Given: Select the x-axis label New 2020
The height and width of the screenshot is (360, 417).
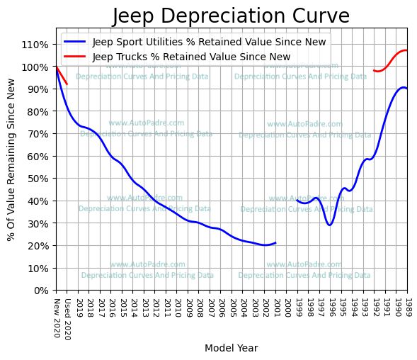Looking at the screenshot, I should [x=57, y=316].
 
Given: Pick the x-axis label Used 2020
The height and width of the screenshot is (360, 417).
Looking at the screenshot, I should [x=67, y=319].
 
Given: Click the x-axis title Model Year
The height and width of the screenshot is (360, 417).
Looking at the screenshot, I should [x=231, y=348].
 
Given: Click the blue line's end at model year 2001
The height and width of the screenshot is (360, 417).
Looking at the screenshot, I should [x=276, y=242].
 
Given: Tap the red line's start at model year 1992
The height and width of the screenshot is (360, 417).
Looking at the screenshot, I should [x=374, y=70].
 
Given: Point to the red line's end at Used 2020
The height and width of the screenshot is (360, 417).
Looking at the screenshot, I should [x=67, y=84].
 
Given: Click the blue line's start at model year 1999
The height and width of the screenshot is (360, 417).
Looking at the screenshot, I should [x=297, y=201].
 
